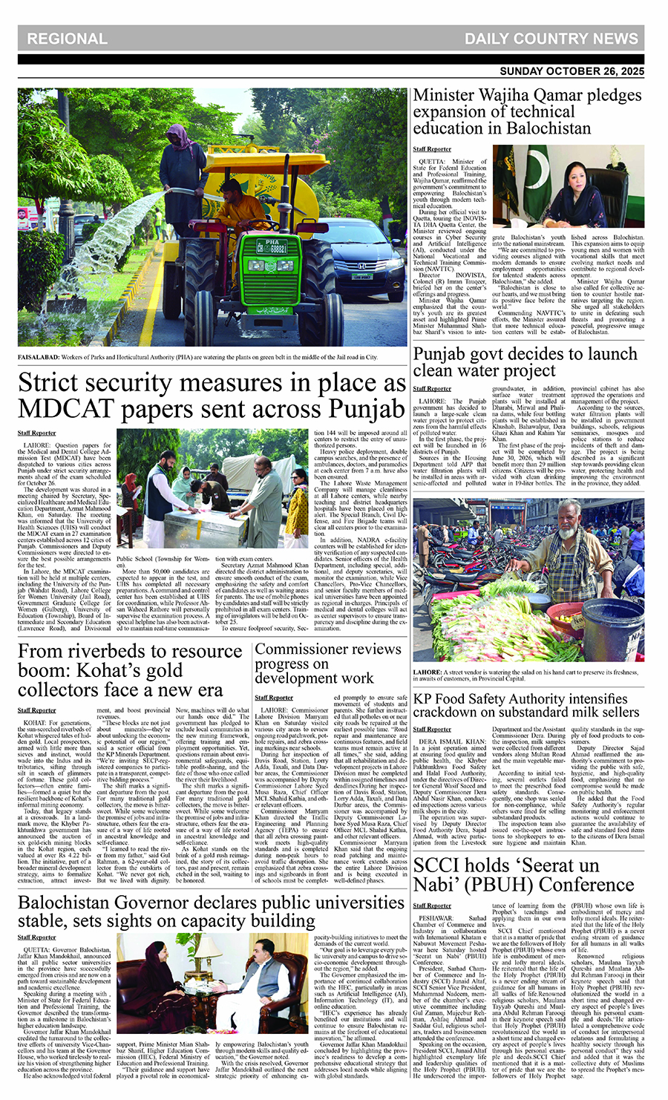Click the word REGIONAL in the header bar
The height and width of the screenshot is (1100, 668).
coord(67,39)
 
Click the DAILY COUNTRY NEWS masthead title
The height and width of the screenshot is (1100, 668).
coord(551,39)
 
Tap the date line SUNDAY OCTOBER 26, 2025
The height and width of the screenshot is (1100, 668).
coord(572,72)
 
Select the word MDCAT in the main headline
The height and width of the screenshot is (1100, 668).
coord(73,409)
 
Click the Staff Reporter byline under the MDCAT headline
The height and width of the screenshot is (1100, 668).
coord(37,433)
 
